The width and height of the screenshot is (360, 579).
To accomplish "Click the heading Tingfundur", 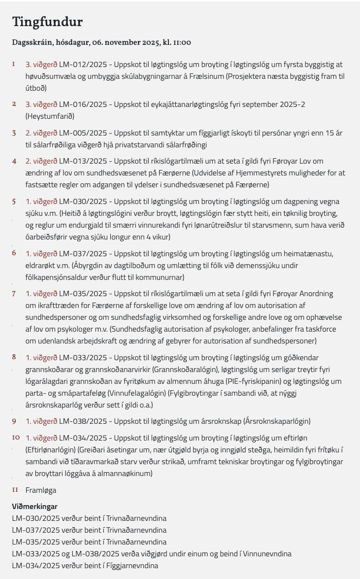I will [x=47, y=22].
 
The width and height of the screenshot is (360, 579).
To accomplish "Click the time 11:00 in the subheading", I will [x=182, y=43].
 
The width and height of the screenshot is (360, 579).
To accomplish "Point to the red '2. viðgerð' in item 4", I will [x=41, y=161].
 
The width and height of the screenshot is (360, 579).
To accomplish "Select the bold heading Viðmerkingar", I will [x=34, y=507].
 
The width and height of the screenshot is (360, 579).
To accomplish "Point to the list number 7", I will [x=14, y=294].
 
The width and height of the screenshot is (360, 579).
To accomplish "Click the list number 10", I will [x=16, y=438].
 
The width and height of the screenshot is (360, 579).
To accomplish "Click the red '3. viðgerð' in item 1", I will [x=41, y=65].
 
